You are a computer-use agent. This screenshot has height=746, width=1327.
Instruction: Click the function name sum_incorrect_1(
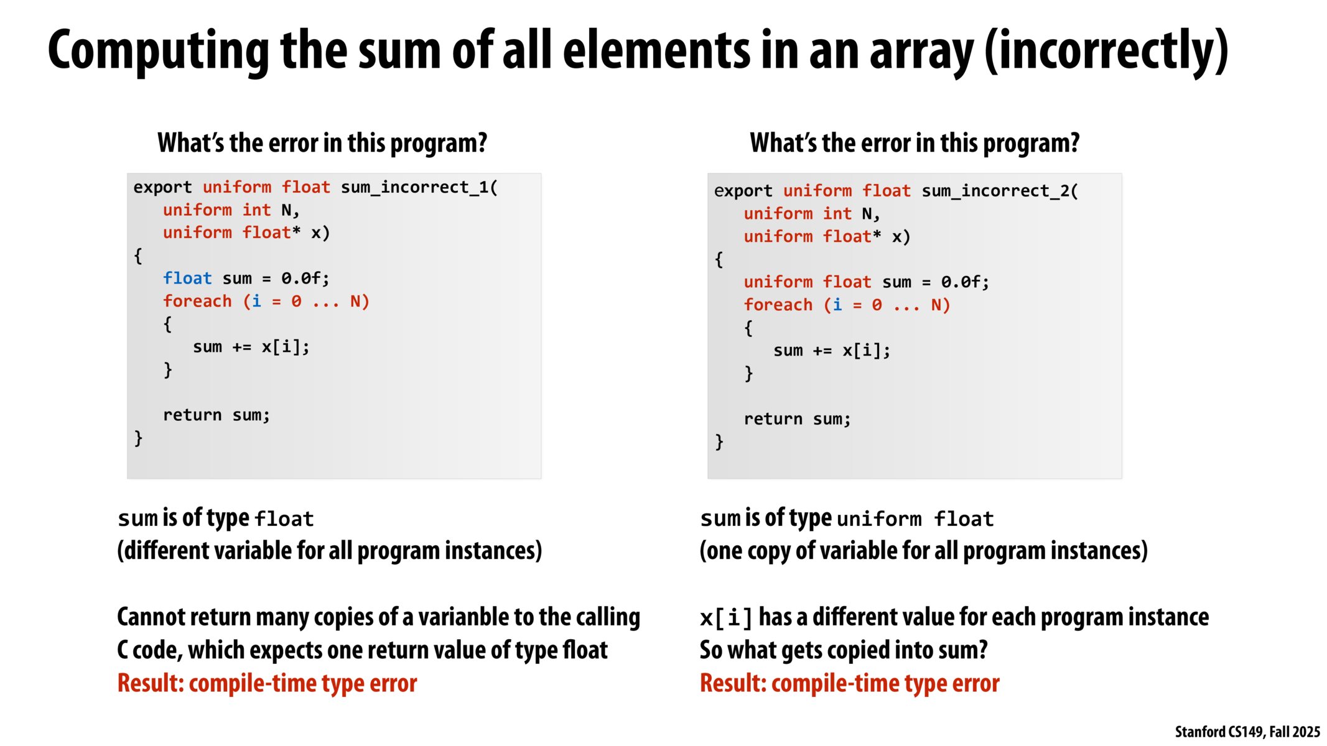(x=419, y=187)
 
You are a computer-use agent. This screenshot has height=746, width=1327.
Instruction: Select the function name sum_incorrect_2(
(x=1000, y=191)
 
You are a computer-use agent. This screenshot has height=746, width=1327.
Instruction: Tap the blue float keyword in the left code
(x=187, y=278)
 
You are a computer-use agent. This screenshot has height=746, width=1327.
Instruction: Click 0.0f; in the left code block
(x=305, y=278)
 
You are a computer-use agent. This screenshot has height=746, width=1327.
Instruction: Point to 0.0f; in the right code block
(x=965, y=282)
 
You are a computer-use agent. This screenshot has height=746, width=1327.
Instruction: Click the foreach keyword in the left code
(x=197, y=301)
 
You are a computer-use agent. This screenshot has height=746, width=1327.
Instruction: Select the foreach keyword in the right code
(x=778, y=305)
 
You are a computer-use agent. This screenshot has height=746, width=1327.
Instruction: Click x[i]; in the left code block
(x=286, y=347)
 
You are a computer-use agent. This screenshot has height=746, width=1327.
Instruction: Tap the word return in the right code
(x=773, y=419)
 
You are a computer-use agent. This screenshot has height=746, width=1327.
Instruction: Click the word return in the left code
(x=192, y=415)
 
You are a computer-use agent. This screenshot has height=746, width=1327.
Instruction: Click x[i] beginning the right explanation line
(x=726, y=617)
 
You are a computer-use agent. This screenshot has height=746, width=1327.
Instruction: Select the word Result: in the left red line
(x=151, y=683)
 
